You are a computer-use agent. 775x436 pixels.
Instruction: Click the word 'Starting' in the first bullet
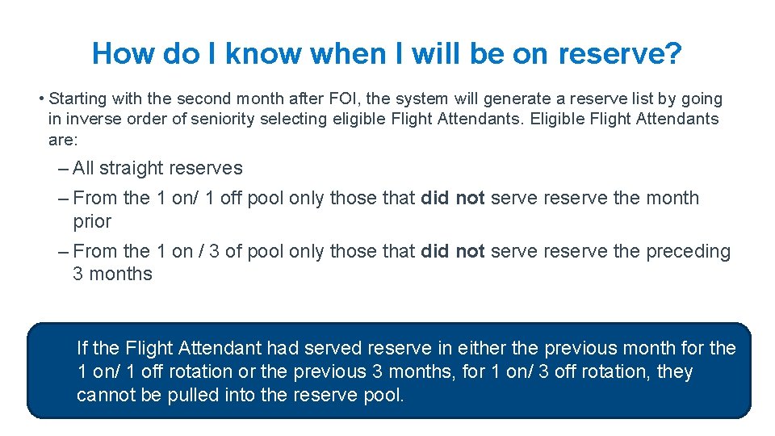(79, 99)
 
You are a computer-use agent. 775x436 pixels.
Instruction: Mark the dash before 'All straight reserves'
(63, 169)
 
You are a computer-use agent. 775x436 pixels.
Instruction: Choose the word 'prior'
(92, 221)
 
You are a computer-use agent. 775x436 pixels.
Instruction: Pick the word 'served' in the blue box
(333, 349)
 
